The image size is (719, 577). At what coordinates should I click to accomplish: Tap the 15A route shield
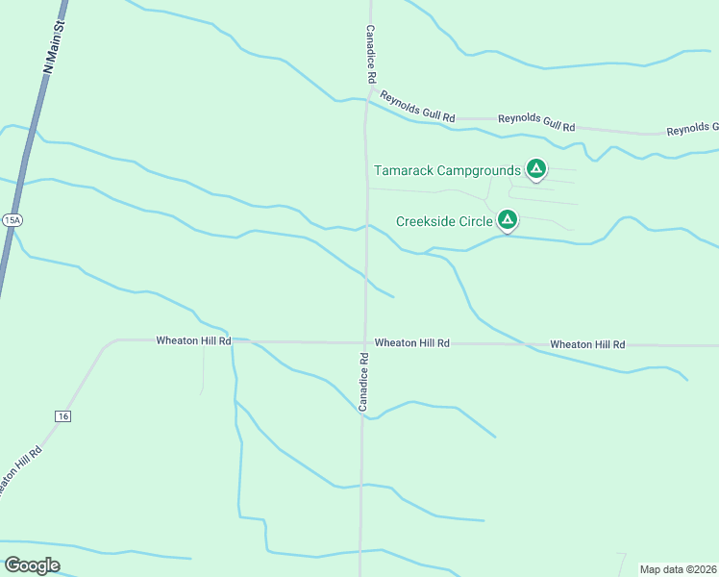tap(12, 220)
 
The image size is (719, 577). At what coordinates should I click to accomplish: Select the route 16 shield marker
tap(62, 415)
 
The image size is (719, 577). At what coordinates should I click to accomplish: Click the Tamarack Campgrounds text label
tap(446, 171)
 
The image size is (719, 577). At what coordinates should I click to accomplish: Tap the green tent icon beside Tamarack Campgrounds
tap(536, 170)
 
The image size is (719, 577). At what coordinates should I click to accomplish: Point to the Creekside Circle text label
tap(444, 221)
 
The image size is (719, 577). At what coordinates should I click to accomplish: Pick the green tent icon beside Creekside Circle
tap(508, 220)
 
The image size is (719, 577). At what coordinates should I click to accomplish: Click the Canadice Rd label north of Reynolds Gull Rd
tap(369, 54)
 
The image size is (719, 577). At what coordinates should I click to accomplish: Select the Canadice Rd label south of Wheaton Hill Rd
tap(364, 383)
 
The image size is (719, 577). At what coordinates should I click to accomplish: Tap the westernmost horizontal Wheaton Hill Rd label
tap(193, 340)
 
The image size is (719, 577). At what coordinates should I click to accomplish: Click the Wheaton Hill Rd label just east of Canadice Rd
tap(412, 342)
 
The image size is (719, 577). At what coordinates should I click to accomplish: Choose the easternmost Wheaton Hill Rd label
tap(587, 344)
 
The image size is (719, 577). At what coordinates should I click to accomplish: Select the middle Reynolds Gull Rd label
tap(536, 122)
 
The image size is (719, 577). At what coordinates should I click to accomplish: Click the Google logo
tap(32, 565)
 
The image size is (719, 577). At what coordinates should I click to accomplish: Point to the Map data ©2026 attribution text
tap(678, 568)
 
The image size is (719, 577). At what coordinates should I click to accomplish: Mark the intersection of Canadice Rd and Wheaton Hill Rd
tap(364, 341)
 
